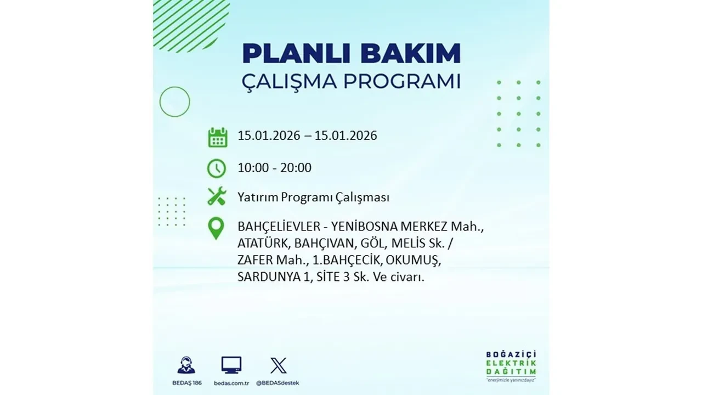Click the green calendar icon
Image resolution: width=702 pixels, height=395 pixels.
pyautogui.click(x=217, y=137)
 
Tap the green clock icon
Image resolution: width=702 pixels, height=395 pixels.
pyautogui.click(x=217, y=168)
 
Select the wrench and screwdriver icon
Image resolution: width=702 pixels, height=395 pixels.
pyautogui.click(x=217, y=196)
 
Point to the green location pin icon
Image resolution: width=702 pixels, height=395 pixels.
pyautogui.click(x=217, y=228)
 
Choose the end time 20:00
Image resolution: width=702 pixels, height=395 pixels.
pyautogui.click(x=296, y=168)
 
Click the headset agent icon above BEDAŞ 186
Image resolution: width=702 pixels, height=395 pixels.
pyautogui.click(x=186, y=365)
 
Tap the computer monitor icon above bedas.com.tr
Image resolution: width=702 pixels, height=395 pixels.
pyautogui.click(x=231, y=365)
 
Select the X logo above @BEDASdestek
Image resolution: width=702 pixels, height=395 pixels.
pyautogui.click(x=278, y=365)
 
